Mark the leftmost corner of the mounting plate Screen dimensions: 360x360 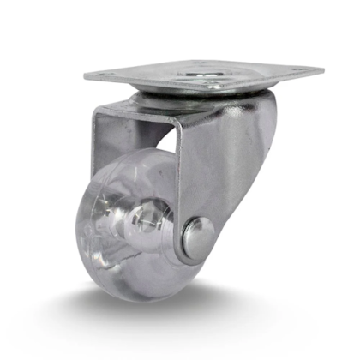pyautogui.click(x=86, y=78)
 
